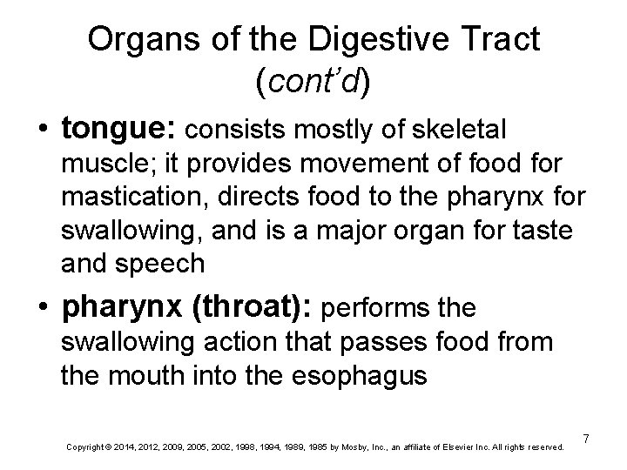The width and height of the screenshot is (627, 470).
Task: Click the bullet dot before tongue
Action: [x=39, y=130]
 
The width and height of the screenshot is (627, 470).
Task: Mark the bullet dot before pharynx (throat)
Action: [x=39, y=307]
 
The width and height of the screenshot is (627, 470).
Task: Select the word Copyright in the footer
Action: [x=84, y=447]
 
